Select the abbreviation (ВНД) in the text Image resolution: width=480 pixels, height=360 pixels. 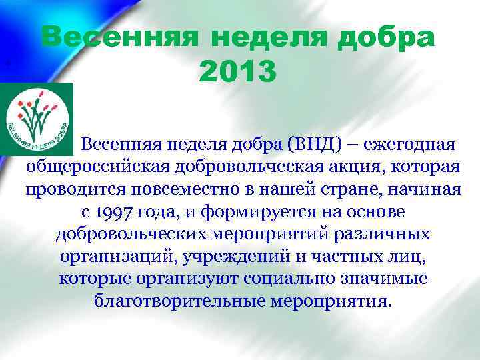305,144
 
